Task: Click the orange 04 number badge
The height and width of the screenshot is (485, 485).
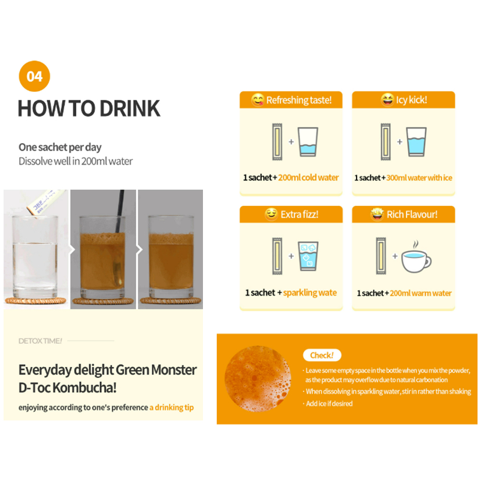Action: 34,76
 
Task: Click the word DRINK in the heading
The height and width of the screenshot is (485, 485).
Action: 130,108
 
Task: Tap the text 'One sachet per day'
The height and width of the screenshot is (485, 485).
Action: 60,147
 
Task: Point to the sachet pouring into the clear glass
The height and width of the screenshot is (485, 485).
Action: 46,202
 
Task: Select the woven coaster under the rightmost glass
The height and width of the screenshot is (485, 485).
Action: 170,300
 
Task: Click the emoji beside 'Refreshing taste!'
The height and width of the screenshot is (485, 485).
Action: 258,99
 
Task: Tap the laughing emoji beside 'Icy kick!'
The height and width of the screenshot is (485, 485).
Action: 387,99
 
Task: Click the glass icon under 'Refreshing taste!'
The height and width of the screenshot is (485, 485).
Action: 308,142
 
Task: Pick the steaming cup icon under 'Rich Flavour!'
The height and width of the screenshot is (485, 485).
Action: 416,257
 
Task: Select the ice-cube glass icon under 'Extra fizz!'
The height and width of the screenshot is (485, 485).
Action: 308,256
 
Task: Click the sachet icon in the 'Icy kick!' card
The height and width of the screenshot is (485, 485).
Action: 386,142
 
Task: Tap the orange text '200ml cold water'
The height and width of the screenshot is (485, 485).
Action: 308,177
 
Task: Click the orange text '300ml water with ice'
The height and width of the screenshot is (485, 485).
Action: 419,178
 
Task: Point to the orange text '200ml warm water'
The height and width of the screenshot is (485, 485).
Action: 420,293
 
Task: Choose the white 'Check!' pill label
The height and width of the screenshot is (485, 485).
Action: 322,355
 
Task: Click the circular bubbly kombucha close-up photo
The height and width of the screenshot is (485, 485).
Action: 258,379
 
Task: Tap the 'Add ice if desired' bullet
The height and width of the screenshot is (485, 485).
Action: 329,404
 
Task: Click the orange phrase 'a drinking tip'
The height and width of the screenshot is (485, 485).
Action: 172,407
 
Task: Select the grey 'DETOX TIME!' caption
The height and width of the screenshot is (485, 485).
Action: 40,341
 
